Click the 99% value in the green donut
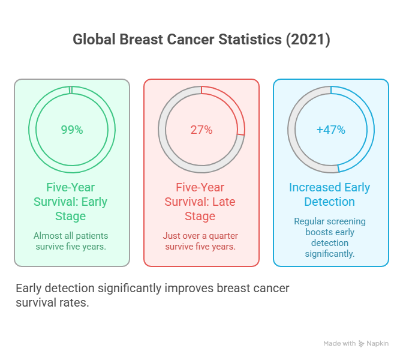[72, 130]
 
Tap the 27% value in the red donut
[201, 130]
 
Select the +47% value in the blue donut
[331, 130]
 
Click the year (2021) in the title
[307, 40]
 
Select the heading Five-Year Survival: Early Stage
[72, 201]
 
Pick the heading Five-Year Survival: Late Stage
[201, 201]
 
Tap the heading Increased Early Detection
[330, 194]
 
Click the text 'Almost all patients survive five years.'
[72, 241]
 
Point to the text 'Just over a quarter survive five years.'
[201, 241]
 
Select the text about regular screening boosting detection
[330, 238]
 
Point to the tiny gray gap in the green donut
[71, 90]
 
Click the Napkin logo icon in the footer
[362, 344]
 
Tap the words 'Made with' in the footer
[339, 344]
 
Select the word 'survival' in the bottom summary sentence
[34, 302]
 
